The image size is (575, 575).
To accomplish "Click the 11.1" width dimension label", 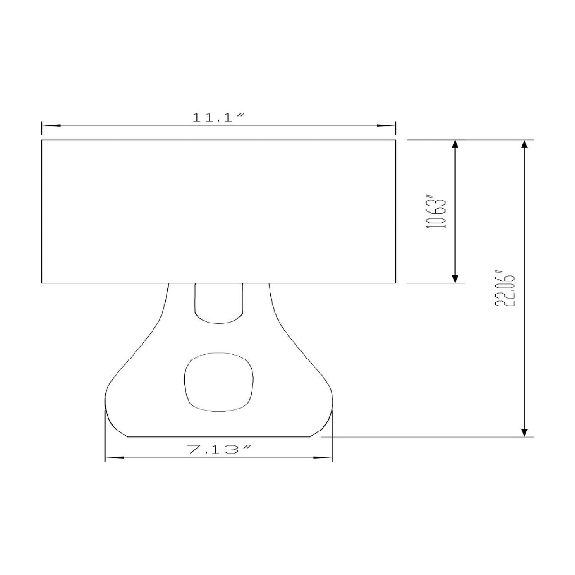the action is coord(218,117).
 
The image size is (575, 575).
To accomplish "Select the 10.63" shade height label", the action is coord(437,212).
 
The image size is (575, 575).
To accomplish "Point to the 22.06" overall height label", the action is coord(505,289).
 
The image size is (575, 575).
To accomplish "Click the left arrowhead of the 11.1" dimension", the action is coord(51,126).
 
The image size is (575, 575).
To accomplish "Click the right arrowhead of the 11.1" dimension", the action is coord(386,126).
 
